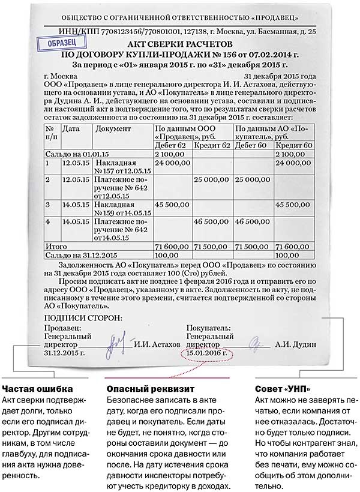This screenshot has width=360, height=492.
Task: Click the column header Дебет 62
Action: coord(172,146)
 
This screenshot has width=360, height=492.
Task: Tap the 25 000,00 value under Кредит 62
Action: coord(213,179)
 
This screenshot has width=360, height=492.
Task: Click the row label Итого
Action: coord(55,246)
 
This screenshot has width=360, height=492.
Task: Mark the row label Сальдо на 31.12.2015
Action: coord(78,255)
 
